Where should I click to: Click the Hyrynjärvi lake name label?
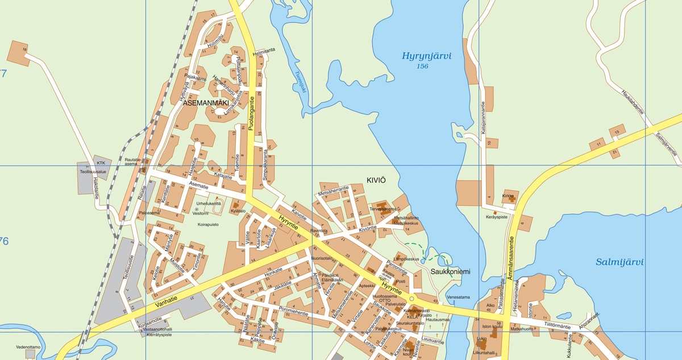(x=426, y=56)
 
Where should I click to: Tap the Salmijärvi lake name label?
(x=619, y=262)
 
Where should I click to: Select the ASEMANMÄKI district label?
(x=209, y=104)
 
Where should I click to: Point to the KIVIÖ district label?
(x=375, y=180)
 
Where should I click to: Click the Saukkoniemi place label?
(x=450, y=272)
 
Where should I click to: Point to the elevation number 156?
(x=422, y=67)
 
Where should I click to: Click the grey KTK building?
(x=102, y=162)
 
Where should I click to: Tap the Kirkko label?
(x=508, y=196)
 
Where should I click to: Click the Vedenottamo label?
(x=28, y=346)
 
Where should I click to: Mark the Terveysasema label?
(x=383, y=209)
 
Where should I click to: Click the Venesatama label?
(x=459, y=297)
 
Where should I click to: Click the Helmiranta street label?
(x=264, y=50)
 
